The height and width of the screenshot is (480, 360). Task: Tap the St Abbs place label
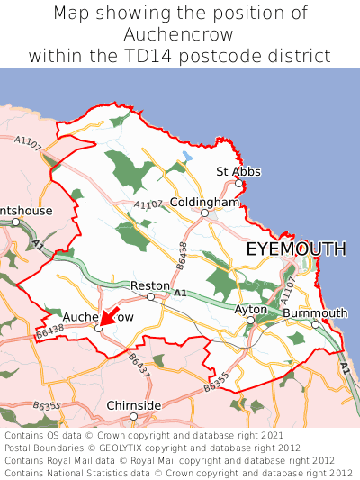coord(238,171)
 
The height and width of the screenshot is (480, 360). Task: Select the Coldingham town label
coord(204,203)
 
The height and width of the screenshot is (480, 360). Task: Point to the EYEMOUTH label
coord(296,249)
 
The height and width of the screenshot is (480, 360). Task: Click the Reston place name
coord(149,285)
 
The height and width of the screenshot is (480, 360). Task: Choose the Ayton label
coord(251,309)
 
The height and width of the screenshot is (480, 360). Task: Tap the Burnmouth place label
coord(315,312)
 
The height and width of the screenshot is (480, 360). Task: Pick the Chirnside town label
coord(134,405)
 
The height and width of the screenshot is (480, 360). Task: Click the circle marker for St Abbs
coord(238,184)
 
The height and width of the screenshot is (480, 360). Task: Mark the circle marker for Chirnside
coord(133,417)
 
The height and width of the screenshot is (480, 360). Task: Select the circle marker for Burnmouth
coord(315,324)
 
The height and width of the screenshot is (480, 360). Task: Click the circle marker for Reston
coord(150,296)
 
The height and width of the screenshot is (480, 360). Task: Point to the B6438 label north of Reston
coord(183,255)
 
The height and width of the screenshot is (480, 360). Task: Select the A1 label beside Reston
coord(180,294)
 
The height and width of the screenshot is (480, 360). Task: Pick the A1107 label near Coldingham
coord(148,206)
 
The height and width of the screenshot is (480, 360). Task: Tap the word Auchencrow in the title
coord(180,34)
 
